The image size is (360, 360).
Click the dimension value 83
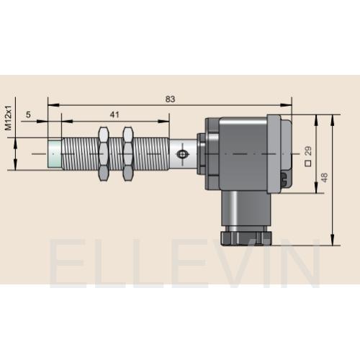point(170,99)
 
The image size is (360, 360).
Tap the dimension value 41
point(114,114)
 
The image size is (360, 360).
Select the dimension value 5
point(28,114)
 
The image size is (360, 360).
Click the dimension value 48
point(324,177)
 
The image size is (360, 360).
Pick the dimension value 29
point(308,150)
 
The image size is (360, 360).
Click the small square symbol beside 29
point(308,163)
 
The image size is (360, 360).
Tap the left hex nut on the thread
point(104,154)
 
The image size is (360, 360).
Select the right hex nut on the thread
point(127,154)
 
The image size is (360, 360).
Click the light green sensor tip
point(55,154)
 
